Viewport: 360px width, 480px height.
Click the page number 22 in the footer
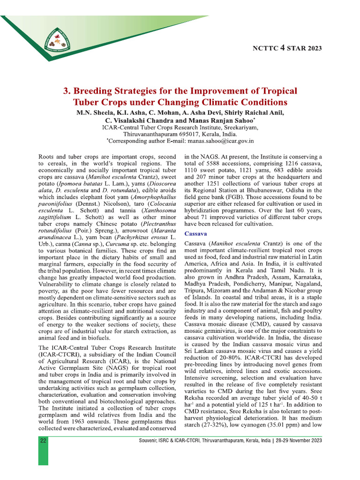point(43,441)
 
